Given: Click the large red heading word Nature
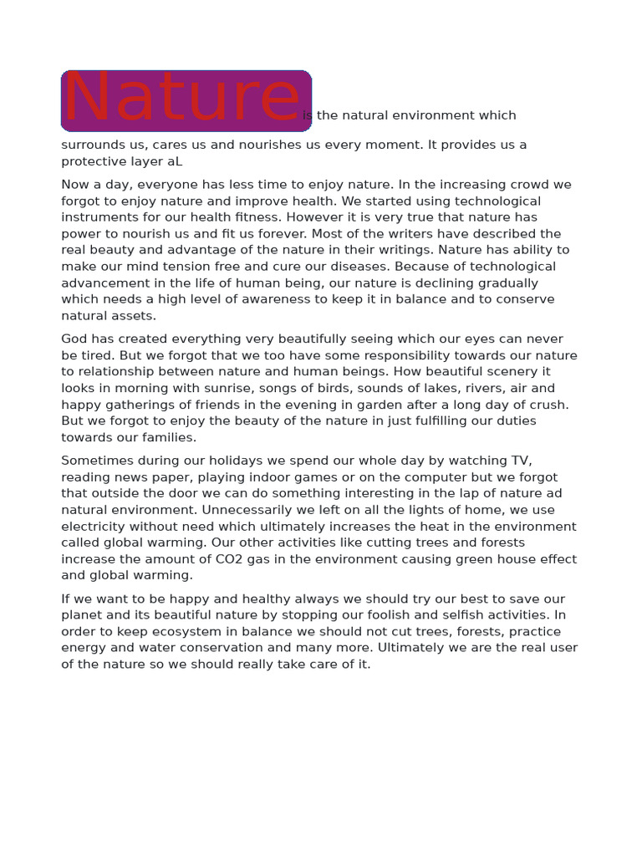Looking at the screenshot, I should (x=182, y=99).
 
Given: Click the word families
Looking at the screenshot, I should (x=168, y=437).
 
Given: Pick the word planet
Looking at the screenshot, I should (x=82, y=615).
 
